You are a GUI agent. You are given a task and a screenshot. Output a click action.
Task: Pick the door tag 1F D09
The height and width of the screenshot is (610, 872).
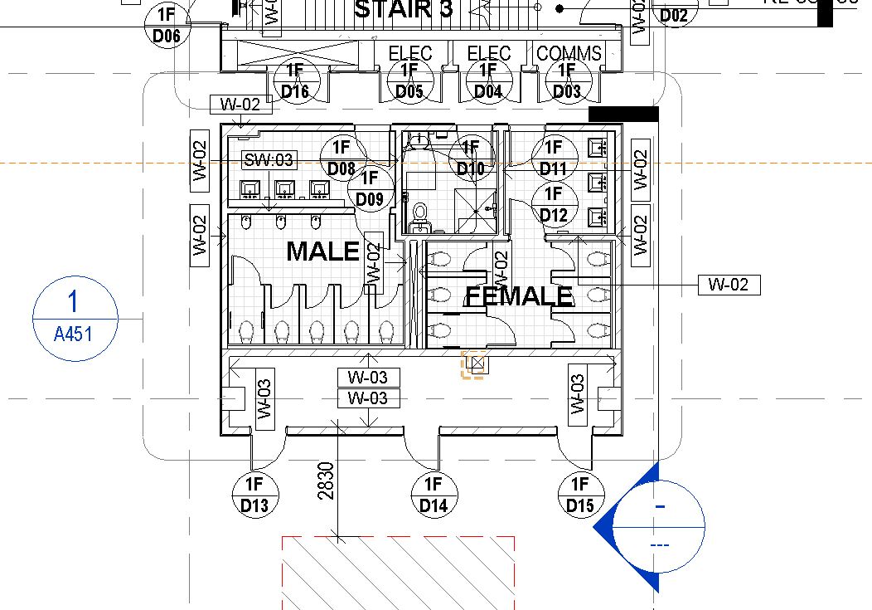coord(370,188)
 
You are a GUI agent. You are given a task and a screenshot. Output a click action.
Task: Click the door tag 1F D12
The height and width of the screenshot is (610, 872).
coord(553,204)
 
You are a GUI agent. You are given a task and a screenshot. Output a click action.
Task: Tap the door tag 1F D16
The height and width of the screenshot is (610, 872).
coord(294,81)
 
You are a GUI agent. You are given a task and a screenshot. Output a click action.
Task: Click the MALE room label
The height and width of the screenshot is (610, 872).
coord(322,251)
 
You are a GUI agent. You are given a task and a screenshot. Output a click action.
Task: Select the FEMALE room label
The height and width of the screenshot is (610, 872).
coord(519,295)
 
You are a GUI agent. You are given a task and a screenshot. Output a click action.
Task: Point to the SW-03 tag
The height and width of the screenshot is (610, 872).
coord(269,160)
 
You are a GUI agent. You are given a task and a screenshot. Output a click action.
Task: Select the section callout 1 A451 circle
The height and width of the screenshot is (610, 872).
coord(75,319)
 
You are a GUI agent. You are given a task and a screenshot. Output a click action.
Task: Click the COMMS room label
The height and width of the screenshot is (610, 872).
coord(569,54)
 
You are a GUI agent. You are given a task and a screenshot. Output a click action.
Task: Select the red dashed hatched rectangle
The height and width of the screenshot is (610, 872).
coord(398,573)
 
